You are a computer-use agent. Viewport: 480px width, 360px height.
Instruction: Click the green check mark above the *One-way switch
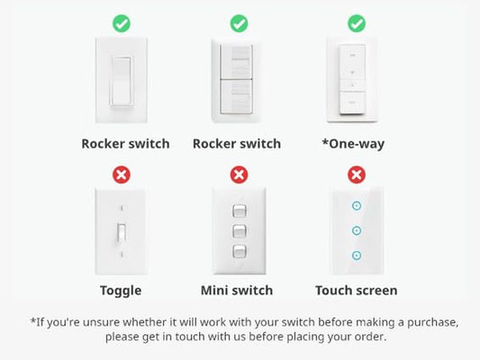pos(357,23)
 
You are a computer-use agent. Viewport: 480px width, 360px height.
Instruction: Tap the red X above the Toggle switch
pos(122,175)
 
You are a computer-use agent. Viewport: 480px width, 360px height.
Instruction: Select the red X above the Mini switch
pos(239,175)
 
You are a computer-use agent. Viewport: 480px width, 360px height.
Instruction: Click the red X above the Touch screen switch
pos(357,175)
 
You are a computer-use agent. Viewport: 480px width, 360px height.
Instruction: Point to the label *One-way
pos(353,144)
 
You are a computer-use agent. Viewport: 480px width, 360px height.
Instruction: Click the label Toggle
pos(121,291)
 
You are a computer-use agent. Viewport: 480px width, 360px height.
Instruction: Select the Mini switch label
pos(237,291)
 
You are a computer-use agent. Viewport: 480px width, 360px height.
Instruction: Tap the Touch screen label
pos(357,291)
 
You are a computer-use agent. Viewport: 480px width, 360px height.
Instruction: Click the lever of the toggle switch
pos(122,234)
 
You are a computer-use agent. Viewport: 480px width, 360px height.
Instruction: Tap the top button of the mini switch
pos(239,211)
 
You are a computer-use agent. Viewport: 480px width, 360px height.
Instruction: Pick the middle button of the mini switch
pos(239,231)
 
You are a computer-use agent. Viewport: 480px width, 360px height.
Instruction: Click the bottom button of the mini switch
pos(239,251)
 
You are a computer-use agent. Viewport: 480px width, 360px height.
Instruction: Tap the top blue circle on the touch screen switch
pos(357,206)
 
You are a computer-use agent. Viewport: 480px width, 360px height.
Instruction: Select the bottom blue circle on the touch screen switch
pos(357,256)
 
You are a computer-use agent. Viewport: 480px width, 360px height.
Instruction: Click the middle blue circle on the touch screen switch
pos(357,230)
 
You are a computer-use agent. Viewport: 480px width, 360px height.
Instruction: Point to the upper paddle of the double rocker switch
pos(236,62)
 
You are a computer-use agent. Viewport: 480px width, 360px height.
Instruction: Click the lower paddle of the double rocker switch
pos(236,97)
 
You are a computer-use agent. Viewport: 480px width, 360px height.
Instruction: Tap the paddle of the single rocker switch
pos(122,81)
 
